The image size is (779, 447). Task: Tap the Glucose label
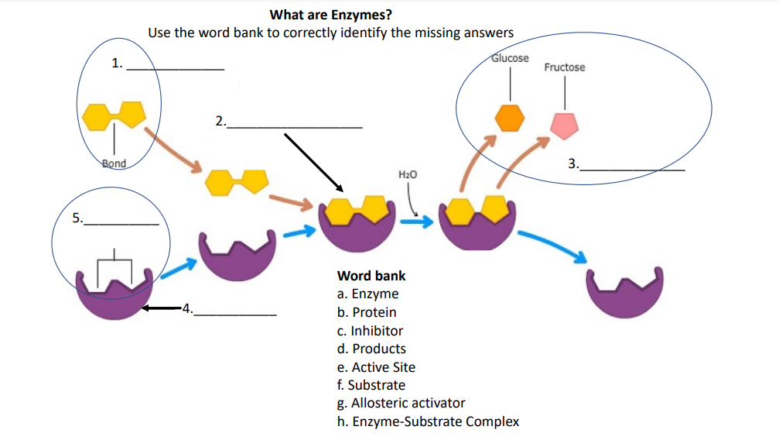pos(510,58)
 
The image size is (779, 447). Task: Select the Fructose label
pos(564,67)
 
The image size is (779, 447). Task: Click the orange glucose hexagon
pos(510,117)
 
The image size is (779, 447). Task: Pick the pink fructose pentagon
pos(564,124)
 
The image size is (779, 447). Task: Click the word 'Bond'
pos(114,163)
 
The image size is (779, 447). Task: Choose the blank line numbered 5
pos(121,223)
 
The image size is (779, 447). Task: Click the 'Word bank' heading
pos(371,276)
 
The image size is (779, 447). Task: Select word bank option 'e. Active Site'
pos(376,367)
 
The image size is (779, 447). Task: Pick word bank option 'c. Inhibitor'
pos(370,331)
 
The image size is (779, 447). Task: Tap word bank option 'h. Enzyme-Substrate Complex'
pos(428,421)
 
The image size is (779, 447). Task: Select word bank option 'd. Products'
pos(371,349)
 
